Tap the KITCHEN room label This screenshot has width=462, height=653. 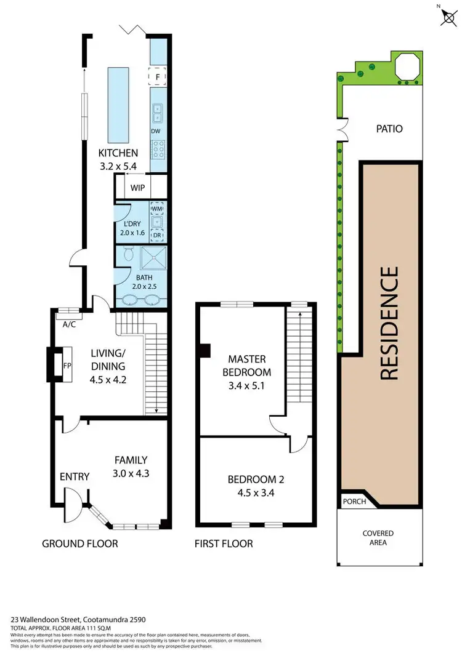pos(119,153)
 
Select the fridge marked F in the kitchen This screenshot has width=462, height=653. pos(157,76)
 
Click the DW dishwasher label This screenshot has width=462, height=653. pos(156,130)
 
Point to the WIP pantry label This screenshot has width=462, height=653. pos(136,186)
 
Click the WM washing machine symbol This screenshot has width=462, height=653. pos(157,208)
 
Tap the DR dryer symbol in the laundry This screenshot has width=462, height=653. pos(157,234)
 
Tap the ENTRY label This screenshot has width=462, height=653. pos(75,476)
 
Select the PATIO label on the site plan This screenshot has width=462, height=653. pos(389,129)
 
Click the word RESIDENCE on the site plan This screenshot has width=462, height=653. pos(389,323)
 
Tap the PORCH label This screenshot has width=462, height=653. pos(354,501)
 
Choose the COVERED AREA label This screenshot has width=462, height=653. pos(378,537)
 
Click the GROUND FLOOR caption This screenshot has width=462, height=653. pos(79,543)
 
